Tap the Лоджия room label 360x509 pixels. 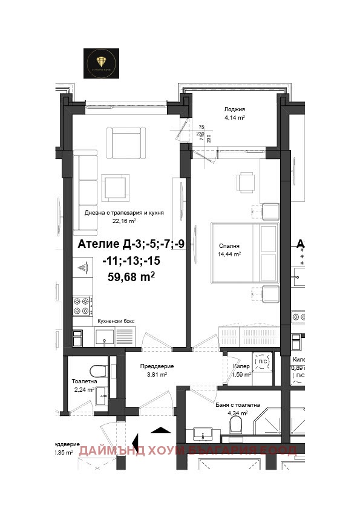click(x=234, y=109)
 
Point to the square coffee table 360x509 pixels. click(x=115, y=186)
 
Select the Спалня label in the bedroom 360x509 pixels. click(x=229, y=246)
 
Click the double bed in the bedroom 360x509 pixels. click(x=245, y=254)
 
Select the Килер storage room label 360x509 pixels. click(x=241, y=366)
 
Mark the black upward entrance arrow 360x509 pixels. click(x=160, y=430)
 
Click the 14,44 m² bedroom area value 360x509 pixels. click(x=230, y=255)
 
